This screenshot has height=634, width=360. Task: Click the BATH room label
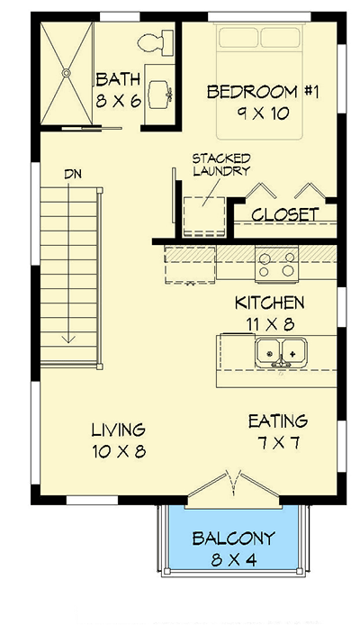click(118, 79)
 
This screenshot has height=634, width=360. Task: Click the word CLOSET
click(284, 214)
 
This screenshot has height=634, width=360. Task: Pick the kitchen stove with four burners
click(277, 263)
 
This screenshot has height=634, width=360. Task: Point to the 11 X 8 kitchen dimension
click(268, 322)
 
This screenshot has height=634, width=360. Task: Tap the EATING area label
click(278, 421)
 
